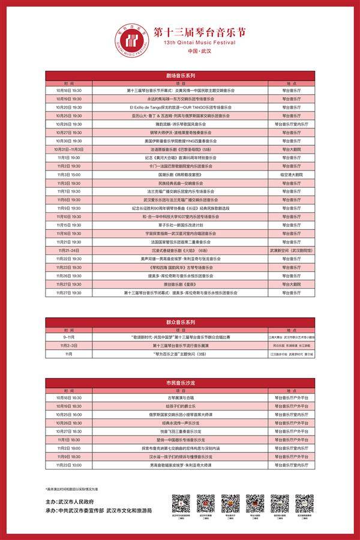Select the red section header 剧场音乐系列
180,76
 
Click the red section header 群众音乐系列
180,322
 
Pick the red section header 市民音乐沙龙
180,382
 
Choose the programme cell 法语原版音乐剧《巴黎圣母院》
180,148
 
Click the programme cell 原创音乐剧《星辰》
180,284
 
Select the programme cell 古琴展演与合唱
180,397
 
